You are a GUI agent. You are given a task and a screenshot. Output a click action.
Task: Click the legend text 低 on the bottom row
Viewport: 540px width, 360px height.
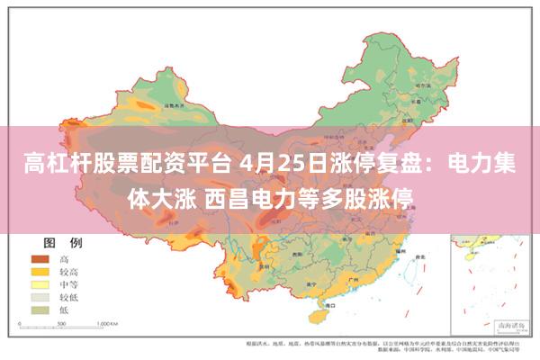[x=64, y=309]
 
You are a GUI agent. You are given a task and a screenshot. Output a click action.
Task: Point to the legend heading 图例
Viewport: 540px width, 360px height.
[x=63, y=243]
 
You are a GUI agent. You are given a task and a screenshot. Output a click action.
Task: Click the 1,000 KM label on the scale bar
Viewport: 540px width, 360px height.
[x=109, y=321]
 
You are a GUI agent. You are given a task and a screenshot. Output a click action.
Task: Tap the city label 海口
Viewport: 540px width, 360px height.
[x=319, y=307]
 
